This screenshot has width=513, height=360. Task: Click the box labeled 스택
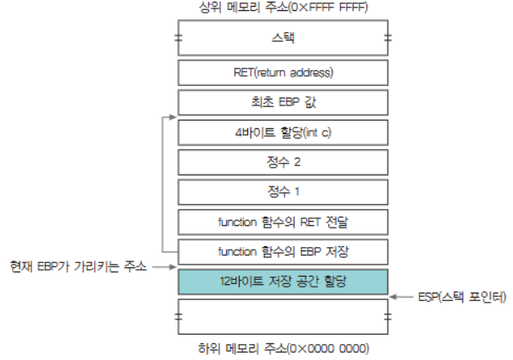tap(283, 39)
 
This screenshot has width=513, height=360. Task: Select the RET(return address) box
tap(283, 72)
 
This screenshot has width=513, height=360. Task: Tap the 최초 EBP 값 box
tap(283, 102)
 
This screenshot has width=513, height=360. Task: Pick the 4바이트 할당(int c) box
tap(283, 132)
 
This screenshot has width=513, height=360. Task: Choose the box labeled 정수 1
tap(283, 191)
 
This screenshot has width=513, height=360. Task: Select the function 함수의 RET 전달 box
tap(283, 222)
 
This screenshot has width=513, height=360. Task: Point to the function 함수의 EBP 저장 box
tap(283, 251)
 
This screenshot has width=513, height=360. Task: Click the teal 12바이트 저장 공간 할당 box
tap(283, 281)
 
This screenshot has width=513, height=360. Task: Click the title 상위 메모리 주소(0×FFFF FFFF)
tap(283, 9)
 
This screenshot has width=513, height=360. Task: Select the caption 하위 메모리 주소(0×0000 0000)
tap(283, 347)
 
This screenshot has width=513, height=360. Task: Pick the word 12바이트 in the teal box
tap(237, 281)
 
